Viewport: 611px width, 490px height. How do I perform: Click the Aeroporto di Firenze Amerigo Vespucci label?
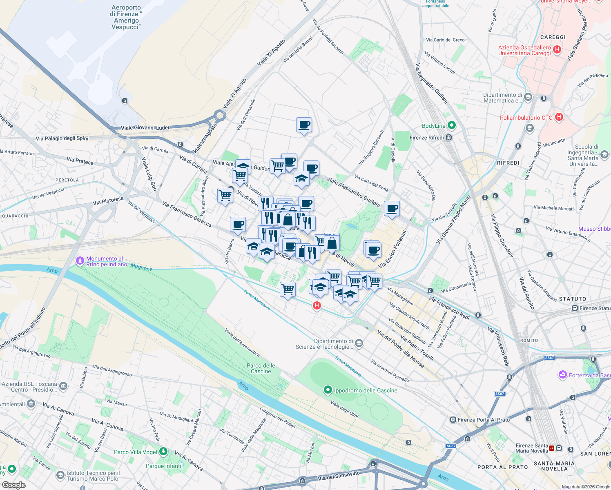tap(126, 17)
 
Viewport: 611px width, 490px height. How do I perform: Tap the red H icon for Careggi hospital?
tap(557, 50)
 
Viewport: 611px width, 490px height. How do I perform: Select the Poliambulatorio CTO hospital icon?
tap(559, 117)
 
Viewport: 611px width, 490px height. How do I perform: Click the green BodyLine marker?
tap(451, 125)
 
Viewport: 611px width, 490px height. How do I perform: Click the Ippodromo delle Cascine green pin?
tap(328, 390)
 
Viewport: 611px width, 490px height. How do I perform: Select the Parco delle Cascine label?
tap(261, 368)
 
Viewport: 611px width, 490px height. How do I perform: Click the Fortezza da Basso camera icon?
tap(563, 375)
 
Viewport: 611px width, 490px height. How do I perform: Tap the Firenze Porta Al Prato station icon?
tap(453, 420)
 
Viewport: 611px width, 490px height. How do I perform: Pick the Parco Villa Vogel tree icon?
tap(163, 452)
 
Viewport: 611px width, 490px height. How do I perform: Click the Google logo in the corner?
tap(13, 485)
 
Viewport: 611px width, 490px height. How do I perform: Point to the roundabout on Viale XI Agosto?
tap(220, 116)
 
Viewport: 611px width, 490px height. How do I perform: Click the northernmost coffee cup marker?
tap(304, 125)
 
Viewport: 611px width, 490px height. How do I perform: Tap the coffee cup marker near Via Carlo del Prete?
tap(392, 209)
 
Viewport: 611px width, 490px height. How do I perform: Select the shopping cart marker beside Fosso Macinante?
tap(288, 289)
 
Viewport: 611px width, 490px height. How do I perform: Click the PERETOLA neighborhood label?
tap(67, 180)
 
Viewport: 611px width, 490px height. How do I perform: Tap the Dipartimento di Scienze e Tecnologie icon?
tap(359, 343)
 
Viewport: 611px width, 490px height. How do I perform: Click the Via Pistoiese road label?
tap(108, 200)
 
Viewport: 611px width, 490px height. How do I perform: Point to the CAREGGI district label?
tap(553, 37)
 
